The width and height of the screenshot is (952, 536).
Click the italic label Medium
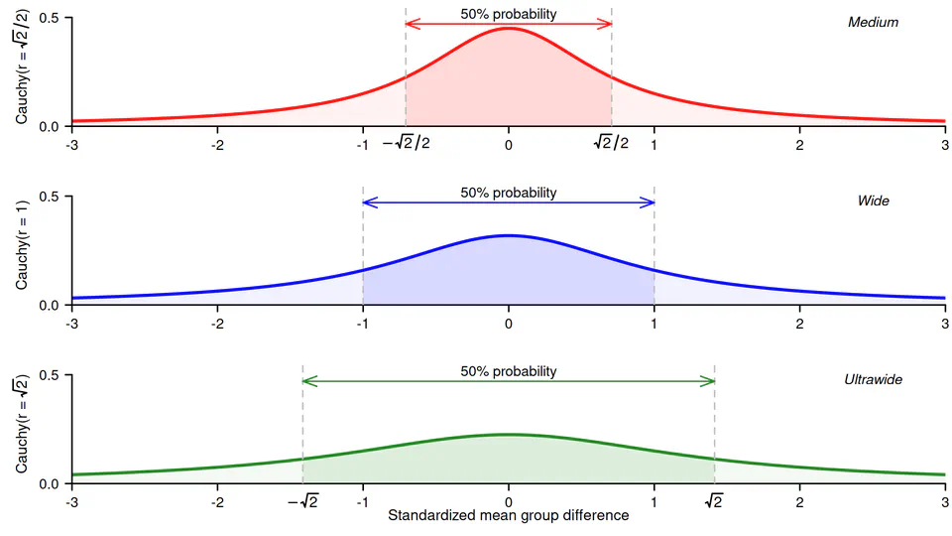pos(873,22)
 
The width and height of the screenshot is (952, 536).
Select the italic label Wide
pos(873,201)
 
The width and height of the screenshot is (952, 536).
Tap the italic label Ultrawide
pos(873,379)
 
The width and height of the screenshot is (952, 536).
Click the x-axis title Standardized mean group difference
pos(508,515)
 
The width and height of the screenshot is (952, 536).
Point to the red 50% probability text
pos(509,14)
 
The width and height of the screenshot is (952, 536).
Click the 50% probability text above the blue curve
pos(509,193)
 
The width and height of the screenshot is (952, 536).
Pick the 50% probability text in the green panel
pos(509,371)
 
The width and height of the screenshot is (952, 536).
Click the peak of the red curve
pos(509,28)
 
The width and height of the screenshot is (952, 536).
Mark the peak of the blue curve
pos(509,235)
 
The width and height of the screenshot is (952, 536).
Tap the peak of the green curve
pos(509,434)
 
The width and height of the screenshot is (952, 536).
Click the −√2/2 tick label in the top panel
pos(406,144)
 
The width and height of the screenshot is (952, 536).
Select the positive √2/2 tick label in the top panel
pos(611,144)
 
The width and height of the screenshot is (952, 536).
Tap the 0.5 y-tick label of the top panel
pos(47,18)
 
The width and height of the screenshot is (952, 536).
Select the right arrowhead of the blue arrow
pos(651,202)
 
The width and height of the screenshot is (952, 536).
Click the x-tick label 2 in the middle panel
pos(799,323)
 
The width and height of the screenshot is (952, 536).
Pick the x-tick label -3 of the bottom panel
pos(70,501)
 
